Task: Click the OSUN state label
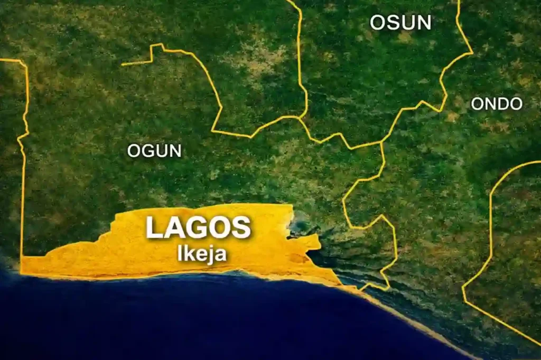click(x=400, y=22)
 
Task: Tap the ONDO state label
click(x=496, y=104)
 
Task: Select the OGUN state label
click(x=154, y=151)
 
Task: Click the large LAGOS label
click(x=198, y=228)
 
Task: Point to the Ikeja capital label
click(x=202, y=254)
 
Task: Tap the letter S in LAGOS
click(x=240, y=228)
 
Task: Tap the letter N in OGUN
click(x=174, y=151)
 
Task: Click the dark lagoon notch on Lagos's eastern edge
click(x=301, y=228)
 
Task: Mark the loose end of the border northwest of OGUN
click(x=123, y=64)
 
